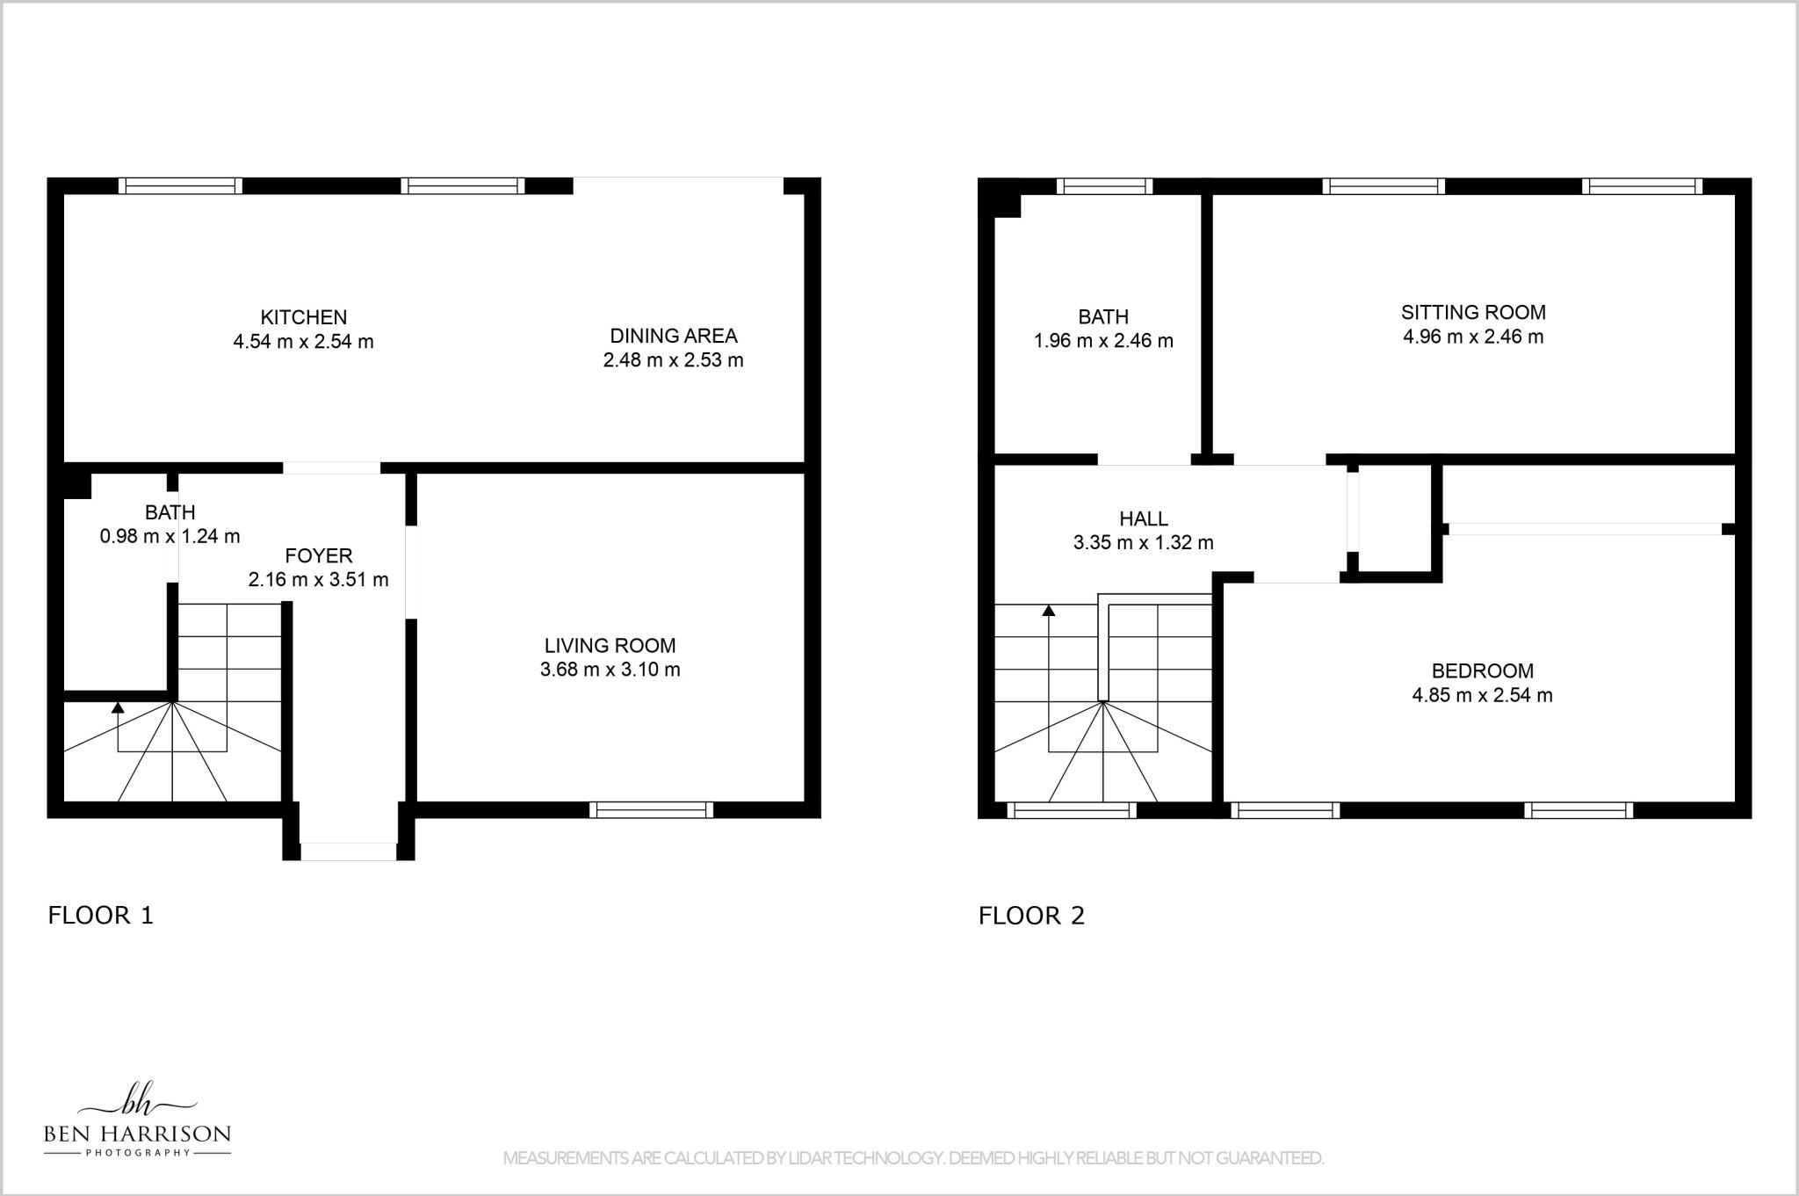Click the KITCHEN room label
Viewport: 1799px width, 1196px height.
coord(303,317)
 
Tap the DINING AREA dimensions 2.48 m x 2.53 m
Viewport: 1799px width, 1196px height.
coord(673,360)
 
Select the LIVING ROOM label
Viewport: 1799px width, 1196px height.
coord(610,646)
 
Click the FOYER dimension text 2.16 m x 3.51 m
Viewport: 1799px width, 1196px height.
coord(318,580)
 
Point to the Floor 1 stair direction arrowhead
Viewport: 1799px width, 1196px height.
coord(118,707)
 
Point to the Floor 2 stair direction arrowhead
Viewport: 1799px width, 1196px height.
coord(1048,610)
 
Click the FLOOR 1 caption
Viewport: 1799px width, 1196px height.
coord(100,916)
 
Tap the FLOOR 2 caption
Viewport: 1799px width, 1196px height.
coord(1031,916)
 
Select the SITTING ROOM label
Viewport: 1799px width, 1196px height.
coord(1473,312)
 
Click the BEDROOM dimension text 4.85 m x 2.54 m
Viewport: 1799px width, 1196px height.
coord(1482,696)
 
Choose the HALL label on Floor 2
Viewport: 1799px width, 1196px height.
coord(1143,519)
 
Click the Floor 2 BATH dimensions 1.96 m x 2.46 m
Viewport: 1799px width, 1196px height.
coord(1103,341)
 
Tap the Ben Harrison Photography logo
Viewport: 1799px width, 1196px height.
coord(137,1120)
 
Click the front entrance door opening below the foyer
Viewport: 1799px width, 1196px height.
coord(349,852)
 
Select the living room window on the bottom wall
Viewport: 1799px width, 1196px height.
coord(651,809)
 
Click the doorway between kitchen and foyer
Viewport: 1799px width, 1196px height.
coord(331,468)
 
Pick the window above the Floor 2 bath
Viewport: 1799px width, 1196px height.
coord(1104,186)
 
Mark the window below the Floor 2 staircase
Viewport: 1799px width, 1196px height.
coord(1072,810)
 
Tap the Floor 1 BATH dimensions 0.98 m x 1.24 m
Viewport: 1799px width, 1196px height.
coord(170,536)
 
